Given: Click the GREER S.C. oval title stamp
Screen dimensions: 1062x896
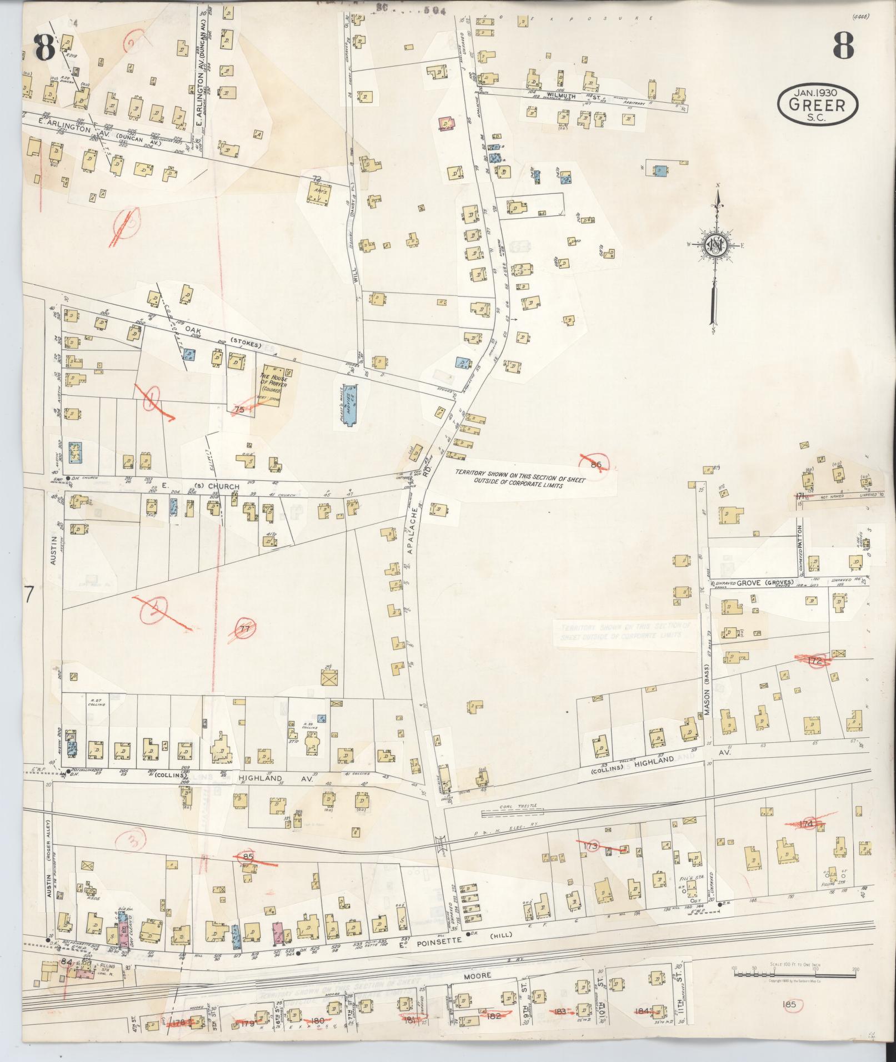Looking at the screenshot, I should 818,103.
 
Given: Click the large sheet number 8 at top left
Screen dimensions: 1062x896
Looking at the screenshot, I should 44,48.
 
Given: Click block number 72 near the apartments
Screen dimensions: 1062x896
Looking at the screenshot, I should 317,178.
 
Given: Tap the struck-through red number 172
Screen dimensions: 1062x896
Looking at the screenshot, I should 815,661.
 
